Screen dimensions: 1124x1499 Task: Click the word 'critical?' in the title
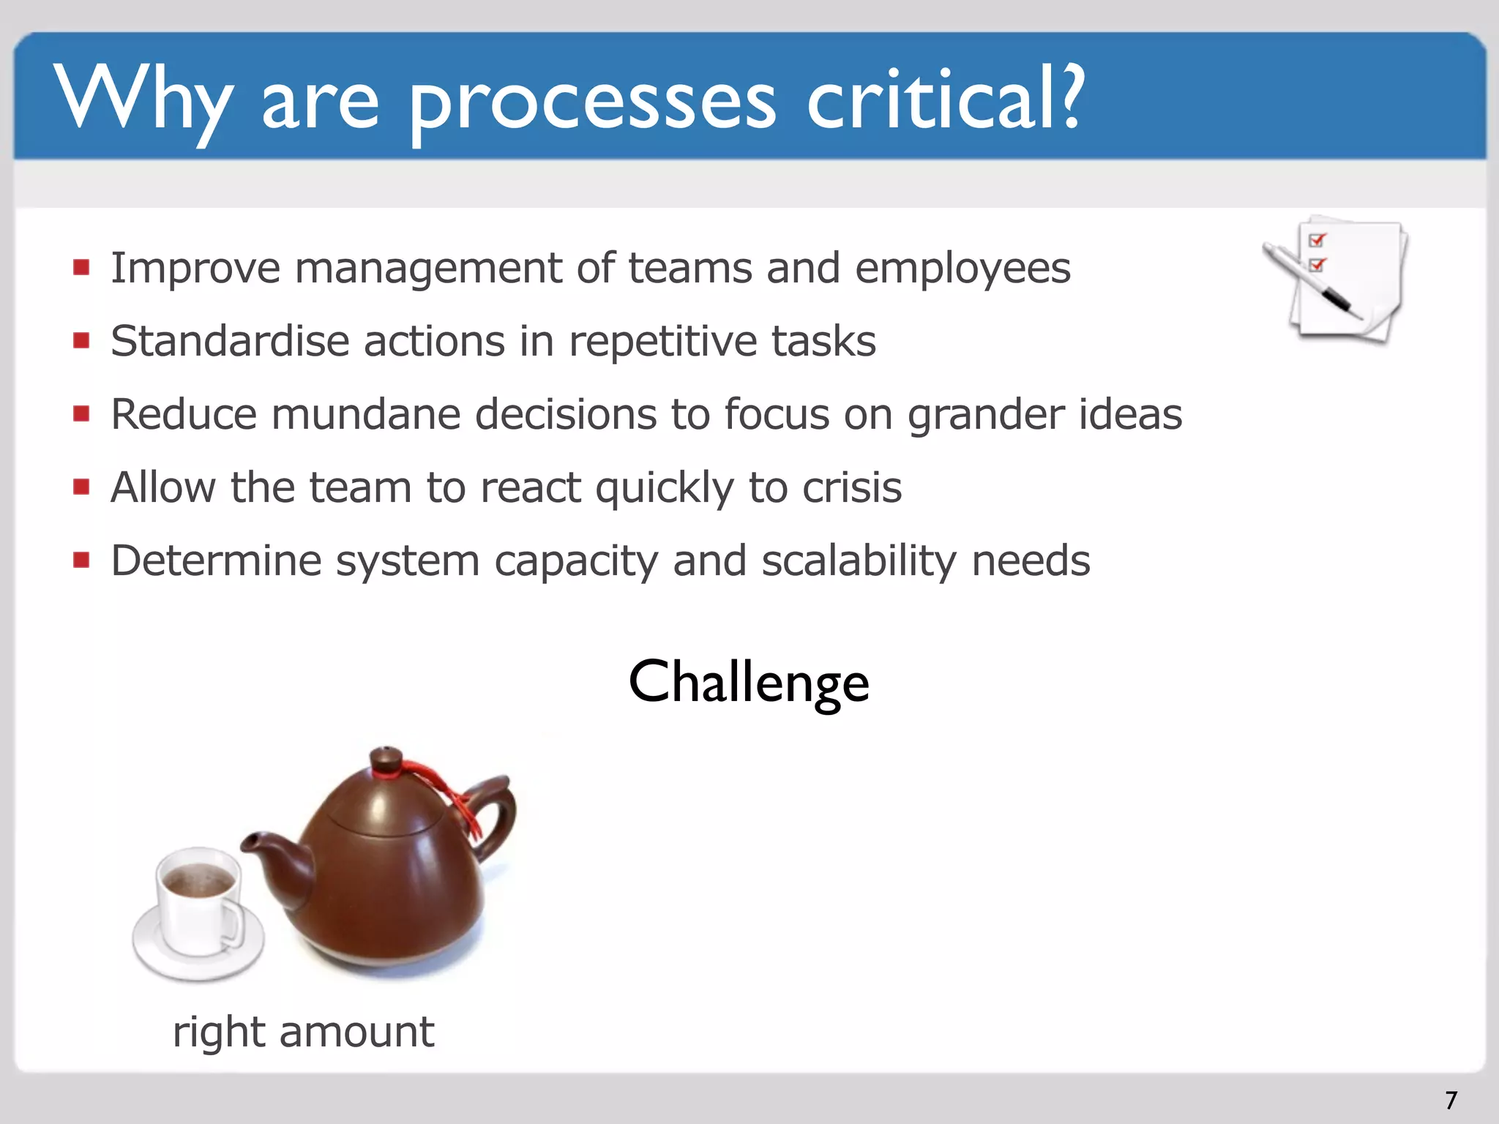coord(944,100)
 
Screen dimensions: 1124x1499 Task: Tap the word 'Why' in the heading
coord(143,100)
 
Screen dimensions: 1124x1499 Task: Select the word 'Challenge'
coord(749,682)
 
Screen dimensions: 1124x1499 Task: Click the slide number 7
coord(1451,1100)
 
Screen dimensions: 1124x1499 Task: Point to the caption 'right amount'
coord(303,1032)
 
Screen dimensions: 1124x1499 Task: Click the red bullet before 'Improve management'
coord(81,267)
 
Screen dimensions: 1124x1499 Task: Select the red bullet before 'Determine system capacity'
coord(81,561)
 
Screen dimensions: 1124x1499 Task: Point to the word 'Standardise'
coord(229,341)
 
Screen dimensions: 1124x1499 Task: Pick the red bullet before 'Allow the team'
coord(81,487)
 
